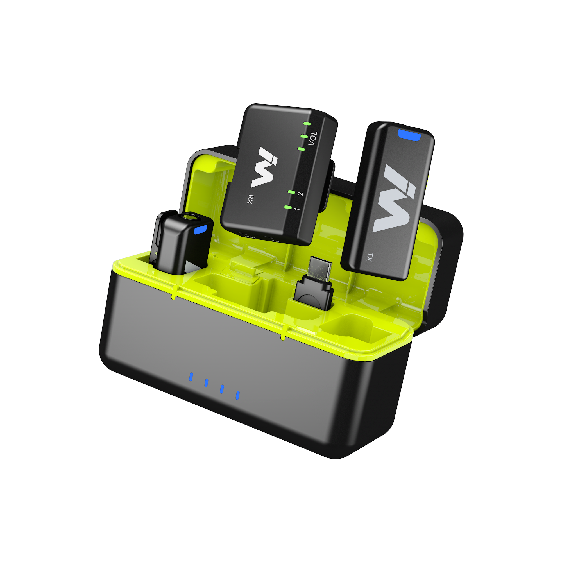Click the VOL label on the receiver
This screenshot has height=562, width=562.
pos(313,139)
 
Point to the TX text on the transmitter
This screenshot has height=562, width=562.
pos(370,257)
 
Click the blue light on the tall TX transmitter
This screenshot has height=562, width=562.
pos(409,135)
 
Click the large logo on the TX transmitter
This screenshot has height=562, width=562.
pos(394,198)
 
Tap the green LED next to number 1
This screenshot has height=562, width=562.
pos(288,207)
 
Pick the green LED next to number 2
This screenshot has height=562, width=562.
pos(291,192)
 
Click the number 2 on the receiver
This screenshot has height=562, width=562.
pos(301,194)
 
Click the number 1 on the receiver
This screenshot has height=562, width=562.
pos(297,209)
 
